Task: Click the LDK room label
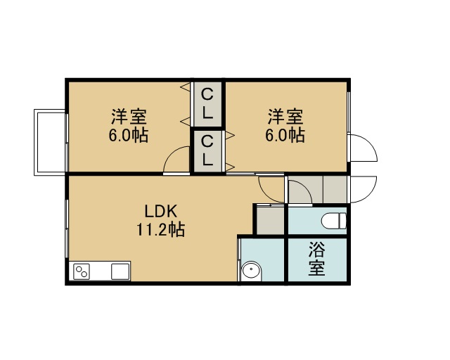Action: point(161,212)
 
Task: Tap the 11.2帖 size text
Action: point(161,229)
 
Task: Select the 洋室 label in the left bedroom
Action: point(129,117)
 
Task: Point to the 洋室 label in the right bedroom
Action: point(285,117)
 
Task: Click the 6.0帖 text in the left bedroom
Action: point(129,135)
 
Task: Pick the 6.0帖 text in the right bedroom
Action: point(285,135)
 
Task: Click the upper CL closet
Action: point(207,104)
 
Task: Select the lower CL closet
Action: point(207,151)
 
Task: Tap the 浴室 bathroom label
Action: point(317,259)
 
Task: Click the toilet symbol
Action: point(334,221)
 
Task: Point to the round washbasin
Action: point(251,270)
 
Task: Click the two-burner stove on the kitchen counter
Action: point(82,271)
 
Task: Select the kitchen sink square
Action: point(120,271)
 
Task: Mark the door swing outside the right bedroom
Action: point(371,143)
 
